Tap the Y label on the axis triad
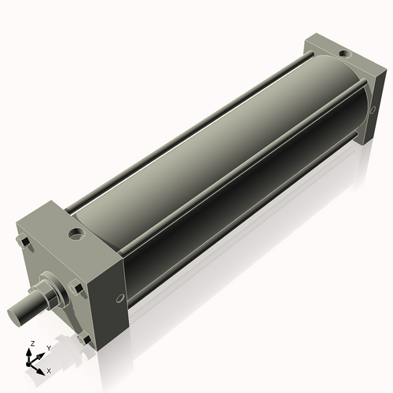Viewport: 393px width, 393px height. click(x=48, y=349)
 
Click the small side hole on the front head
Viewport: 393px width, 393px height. click(x=119, y=298)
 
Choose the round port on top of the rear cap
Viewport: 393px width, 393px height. click(x=343, y=53)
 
